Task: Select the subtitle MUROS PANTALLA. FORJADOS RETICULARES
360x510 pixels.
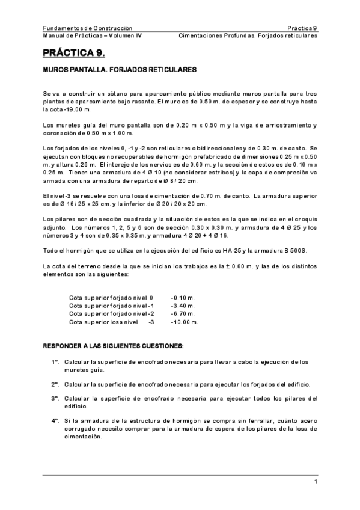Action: pos(120,70)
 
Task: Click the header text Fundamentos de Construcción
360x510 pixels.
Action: pos(88,28)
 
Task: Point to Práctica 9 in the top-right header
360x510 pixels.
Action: pos(302,28)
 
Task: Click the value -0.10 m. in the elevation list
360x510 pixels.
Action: pos(183,297)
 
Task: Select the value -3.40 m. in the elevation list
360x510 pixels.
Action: pos(183,306)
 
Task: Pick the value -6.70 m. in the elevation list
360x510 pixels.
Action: pos(183,313)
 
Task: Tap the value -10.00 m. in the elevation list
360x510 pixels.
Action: pos(185,322)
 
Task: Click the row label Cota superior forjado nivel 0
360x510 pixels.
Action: pos(111,297)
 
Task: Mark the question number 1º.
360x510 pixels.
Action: pos(54,362)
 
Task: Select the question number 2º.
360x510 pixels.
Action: pos(54,384)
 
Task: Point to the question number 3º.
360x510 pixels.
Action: pos(54,398)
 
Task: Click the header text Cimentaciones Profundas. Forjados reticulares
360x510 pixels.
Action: pos(248,35)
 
